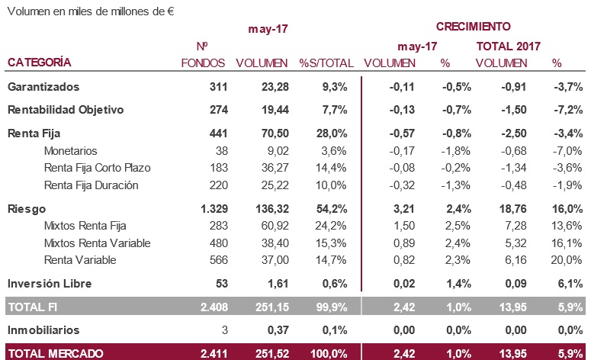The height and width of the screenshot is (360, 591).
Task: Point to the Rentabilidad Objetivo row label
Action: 65,110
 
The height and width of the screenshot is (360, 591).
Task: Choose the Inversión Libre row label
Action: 50,284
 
